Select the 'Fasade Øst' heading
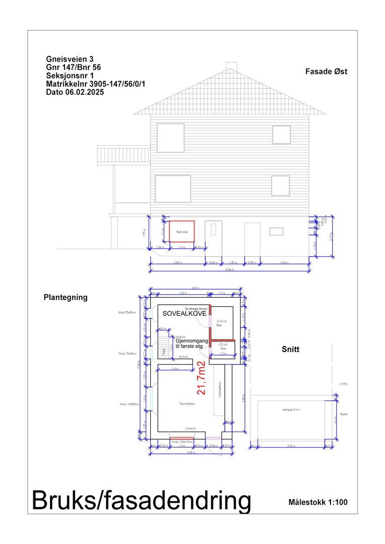(x=326, y=72)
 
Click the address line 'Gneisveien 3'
(x=70, y=59)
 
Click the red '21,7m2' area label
(x=202, y=378)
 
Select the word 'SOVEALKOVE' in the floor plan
(x=183, y=313)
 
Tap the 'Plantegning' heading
(x=66, y=298)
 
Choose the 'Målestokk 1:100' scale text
(x=318, y=502)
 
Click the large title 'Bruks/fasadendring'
(x=141, y=501)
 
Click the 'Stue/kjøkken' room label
(x=187, y=404)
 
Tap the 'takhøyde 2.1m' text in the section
(x=291, y=410)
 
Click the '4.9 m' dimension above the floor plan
(x=195, y=288)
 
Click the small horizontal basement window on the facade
(x=276, y=231)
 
